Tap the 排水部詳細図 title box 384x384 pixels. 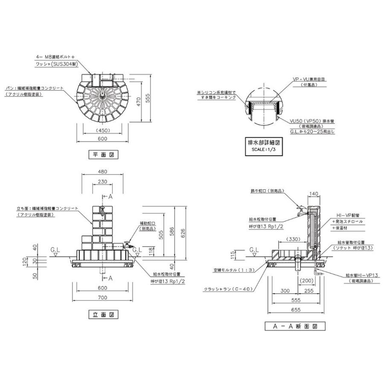point(264,143)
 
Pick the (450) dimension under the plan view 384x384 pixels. point(102,131)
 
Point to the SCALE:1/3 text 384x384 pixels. point(263,150)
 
